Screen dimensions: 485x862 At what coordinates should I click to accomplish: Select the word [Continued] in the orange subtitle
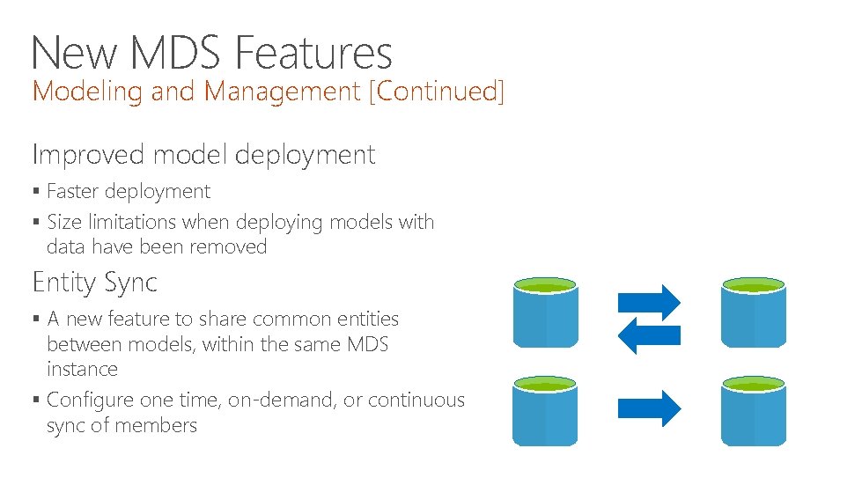437,91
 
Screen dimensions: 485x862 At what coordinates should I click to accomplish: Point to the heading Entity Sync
95,283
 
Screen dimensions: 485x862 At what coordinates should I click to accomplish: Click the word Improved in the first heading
88,155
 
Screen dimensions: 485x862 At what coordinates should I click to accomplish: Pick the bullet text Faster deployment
129,192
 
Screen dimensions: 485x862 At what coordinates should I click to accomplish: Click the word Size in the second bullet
63,222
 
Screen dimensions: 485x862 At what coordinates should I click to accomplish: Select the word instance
82,370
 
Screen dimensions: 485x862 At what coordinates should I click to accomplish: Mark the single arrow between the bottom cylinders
649,408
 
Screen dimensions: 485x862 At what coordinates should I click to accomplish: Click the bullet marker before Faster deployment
36,192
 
